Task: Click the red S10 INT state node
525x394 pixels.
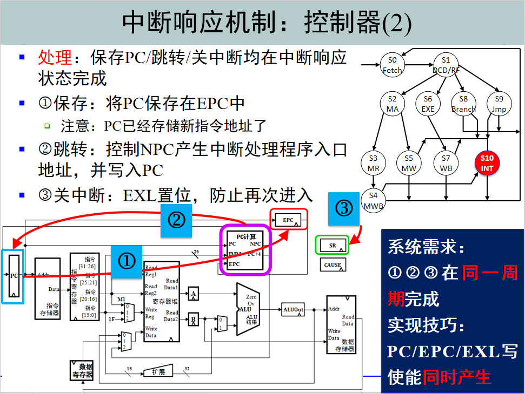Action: pos(487,163)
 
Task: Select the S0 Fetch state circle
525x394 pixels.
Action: pos(393,65)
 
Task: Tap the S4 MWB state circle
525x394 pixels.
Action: pos(374,200)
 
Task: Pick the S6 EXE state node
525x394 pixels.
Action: pos(428,104)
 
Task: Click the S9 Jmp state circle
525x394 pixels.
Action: pos(499,104)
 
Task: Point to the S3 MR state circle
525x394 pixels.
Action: pos(374,163)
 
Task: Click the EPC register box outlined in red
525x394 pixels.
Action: pos(289,220)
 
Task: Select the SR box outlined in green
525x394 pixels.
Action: pos(333,246)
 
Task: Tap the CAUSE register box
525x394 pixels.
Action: pos(333,264)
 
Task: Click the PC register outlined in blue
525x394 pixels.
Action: pos(14,276)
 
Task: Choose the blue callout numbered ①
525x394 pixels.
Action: pos(127,262)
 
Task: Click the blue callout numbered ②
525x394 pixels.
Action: pos(176,220)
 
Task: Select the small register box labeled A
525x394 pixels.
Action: pos(193,294)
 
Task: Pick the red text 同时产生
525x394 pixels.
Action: pos(457,377)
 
